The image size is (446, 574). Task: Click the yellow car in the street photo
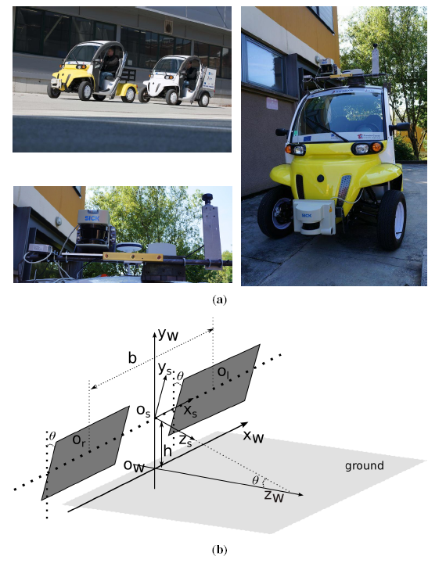pyautogui.click(x=89, y=72)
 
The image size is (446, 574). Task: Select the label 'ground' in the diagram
pyautogui.click(x=365, y=466)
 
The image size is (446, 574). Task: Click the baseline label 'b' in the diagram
pyautogui.click(x=133, y=359)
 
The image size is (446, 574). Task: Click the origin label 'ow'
pyautogui.click(x=135, y=465)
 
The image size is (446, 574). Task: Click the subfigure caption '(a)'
pyautogui.click(x=220, y=300)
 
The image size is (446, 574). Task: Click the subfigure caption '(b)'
pyautogui.click(x=220, y=550)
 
